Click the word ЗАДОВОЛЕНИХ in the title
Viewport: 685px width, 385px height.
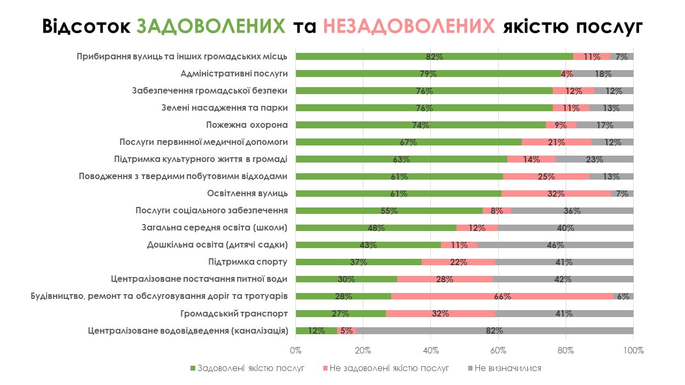tap(211, 26)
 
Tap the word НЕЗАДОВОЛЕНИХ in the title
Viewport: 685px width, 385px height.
tap(409, 26)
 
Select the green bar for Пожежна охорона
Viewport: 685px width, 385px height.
tap(421, 125)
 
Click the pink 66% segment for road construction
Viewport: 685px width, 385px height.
tap(502, 296)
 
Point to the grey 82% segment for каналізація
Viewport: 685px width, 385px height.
tap(494, 330)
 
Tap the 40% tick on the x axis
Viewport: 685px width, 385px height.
tap(431, 351)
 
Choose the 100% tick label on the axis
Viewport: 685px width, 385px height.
tap(633, 351)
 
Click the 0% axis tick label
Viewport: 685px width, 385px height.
tap(296, 351)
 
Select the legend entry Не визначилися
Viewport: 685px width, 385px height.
tap(507, 368)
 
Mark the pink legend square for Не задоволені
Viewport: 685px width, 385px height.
tap(326, 368)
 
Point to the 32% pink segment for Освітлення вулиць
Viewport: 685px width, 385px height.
tap(556, 194)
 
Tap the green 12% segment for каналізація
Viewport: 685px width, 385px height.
tap(316, 330)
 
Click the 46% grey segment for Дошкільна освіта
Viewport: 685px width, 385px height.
tap(555, 245)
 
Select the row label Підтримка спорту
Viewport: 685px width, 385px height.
tap(248, 262)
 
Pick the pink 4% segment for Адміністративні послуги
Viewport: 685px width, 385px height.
tap(567, 74)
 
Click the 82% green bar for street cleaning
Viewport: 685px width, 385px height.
tap(434, 57)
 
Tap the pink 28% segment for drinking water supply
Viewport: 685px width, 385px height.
tap(445, 279)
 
